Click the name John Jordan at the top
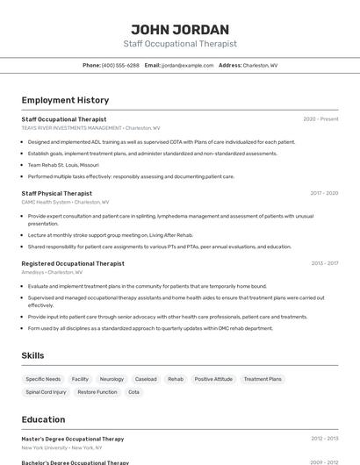[x=179, y=29]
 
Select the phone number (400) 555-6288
[x=120, y=65]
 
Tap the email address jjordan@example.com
[x=187, y=65]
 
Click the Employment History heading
[x=65, y=100]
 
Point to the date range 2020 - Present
[x=320, y=118]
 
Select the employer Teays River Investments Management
[x=72, y=128]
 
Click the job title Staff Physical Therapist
[x=56, y=193]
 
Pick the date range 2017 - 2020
[x=324, y=193]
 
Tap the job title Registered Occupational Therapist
[x=73, y=263]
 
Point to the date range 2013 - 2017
[x=324, y=263]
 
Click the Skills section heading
[x=33, y=355]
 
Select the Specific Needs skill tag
[x=42, y=379]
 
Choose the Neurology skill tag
[x=112, y=379]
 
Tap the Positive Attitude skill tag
[x=213, y=379]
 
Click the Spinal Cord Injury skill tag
[x=46, y=392]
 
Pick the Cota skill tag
[x=133, y=392]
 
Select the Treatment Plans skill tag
[x=263, y=379]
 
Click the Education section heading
[x=43, y=419]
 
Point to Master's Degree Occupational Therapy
[x=73, y=439]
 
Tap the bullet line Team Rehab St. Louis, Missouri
[x=63, y=165]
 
